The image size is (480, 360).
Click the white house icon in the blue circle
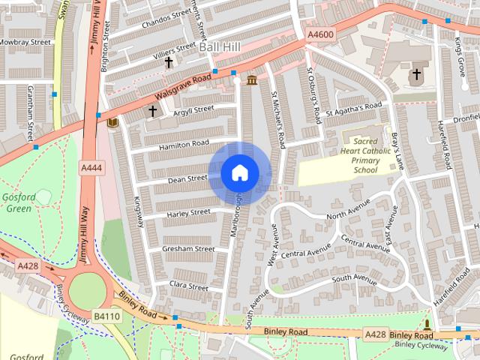pyautogui.click(x=239, y=173)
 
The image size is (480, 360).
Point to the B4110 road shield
pyautogui.click(x=106, y=316)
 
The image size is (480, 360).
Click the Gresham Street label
pyautogui.click(x=172, y=248)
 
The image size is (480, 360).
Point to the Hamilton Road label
pyautogui.click(x=184, y=143)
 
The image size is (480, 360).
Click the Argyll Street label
pyautogui.click(x=193, y=109)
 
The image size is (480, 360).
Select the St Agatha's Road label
pyautogui.click(x=358, y=107)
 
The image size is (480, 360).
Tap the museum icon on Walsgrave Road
pyautogui.click(x=251, y=80)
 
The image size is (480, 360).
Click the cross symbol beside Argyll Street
pyautogui.click(x=153, y=111)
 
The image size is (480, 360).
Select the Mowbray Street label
pyautogui.click(x=25, y=42)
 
